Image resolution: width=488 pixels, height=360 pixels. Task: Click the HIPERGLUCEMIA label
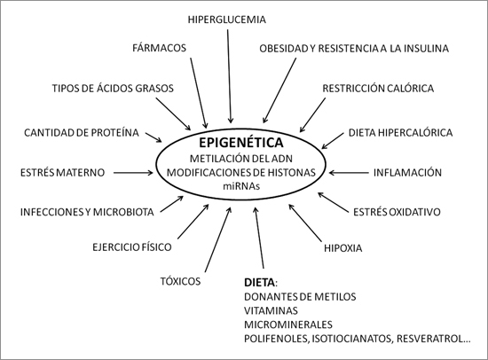pyautogui.click(x=227, y=20)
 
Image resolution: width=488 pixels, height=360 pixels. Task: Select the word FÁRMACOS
pyautogui.click(x=159, y=48)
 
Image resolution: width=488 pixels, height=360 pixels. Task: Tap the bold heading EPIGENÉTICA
pyautogui.click(x=241, y=143)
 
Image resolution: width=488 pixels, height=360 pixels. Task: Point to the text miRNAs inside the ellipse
pyautogui.click(x=241, y=186)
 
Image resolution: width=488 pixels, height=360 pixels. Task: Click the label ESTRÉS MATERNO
pyautogui.click(x=63, y=172)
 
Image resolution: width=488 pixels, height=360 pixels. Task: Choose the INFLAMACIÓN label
pyautogui.click(x=407, y=172)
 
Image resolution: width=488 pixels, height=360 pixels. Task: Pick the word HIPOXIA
pyautogui.click(x=343, y=248)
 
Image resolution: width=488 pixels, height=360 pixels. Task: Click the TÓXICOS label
pyautogui.click(x=180, y=281)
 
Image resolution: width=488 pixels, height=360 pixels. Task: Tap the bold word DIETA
pyautogui.click(x=260, y=283)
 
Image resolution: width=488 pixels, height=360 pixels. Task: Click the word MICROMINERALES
pyautogui.click(x=288, y=325)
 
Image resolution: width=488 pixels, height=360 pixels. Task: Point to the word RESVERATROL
pyautogui.click(x=430, y=339)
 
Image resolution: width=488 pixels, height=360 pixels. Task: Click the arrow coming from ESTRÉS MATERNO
pyautogui.click(x=133, y=172)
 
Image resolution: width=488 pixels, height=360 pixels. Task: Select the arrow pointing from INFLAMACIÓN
pyautogui.click(x=349, y=172)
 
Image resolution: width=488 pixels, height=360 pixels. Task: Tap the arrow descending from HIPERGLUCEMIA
pyautogui.click(x=229, y=76)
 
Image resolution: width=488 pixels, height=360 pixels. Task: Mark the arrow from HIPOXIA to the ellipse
pyautogui.click(x=305, y=223)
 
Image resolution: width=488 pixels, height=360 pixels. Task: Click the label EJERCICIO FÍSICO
pyautogui.click(x=132, y=247)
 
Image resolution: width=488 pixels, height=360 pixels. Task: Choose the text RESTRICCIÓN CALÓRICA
pyautogui.click(x=378, y=89)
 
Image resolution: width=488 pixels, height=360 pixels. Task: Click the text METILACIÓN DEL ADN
pyautogui.click(x=241, y=159)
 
